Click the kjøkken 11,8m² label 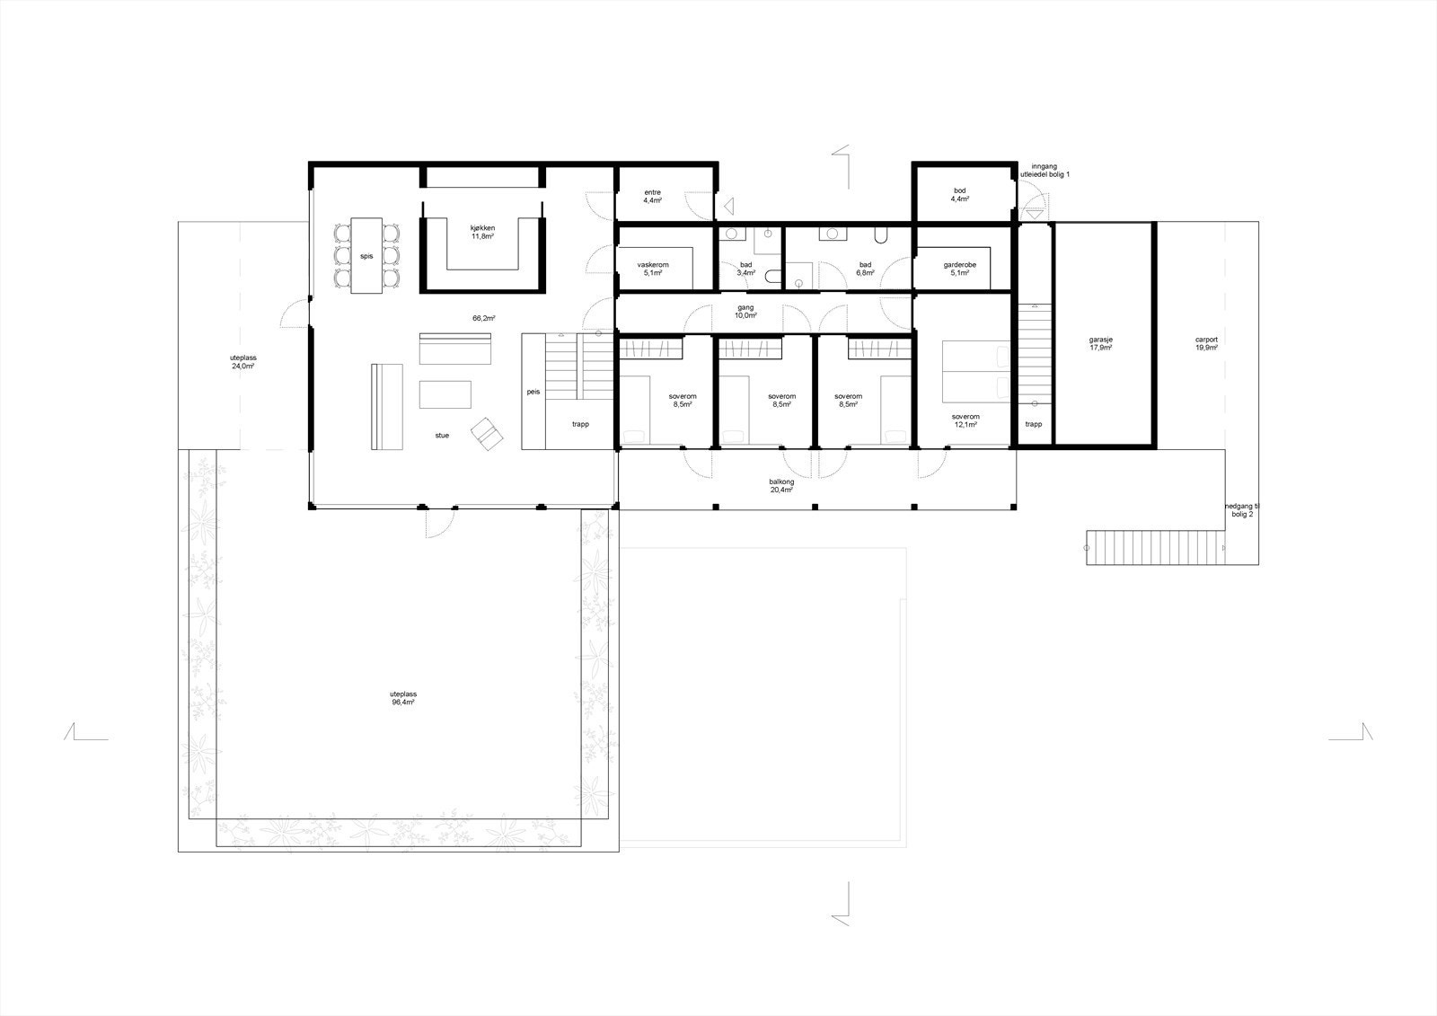(x=483, y=232)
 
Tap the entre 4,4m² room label (x=652, y=197)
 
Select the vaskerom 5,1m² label (x=652, y=269)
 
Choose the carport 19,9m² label (x=1206, y=343)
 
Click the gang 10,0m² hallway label (x=746, y=312)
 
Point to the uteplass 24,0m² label (x=242, y=362)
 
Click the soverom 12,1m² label (x=966, y=420)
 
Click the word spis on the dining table (x=366, y=256)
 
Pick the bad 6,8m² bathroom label (x=865, y=269)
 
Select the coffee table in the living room (x=445, y=394)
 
